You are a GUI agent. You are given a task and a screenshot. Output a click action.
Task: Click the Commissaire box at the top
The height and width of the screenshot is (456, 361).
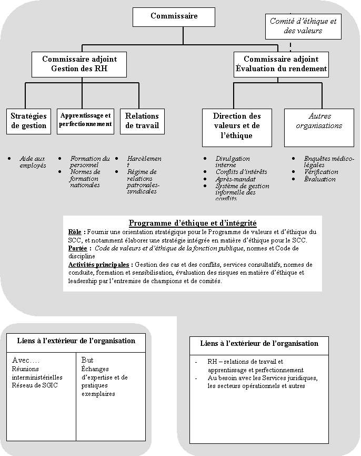click(x=174, y=16)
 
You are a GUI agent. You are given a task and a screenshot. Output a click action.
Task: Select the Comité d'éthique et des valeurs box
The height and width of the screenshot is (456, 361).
click(x=303, y=26)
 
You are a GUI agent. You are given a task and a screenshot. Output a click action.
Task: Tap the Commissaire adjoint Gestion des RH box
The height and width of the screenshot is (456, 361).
click(x=79, y=64)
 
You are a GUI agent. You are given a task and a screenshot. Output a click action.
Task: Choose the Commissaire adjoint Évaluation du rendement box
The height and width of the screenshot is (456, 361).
click(x=281, y=64)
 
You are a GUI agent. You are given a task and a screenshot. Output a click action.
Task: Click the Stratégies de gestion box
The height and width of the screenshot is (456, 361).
click(x=28, y=121)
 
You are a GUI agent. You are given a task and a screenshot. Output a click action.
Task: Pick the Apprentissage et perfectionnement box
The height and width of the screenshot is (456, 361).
click(x=85, y=120)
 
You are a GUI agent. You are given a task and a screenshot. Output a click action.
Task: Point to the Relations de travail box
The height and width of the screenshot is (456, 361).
click(x=142, y=121)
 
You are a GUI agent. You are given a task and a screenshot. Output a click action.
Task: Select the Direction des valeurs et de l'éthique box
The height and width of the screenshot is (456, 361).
click(x=237, y=127)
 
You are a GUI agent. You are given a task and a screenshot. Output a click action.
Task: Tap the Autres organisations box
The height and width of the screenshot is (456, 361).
click(x=318, y=121)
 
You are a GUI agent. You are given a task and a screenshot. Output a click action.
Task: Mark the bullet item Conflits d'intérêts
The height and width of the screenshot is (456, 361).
click(x=241, y=172)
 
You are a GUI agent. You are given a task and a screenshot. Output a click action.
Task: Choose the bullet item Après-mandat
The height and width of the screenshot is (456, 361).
click(x=236, y=179)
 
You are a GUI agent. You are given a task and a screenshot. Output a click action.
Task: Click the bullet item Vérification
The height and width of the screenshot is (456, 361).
click(x=321, y=172)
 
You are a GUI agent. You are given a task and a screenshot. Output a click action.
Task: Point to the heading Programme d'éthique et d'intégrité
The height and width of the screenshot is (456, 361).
click(x=193, y=224)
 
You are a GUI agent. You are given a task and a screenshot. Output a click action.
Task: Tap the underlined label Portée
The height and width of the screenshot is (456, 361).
click(x=79, y=248)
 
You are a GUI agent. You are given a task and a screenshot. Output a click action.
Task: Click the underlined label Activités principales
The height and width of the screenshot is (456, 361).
click(x=100, y=265)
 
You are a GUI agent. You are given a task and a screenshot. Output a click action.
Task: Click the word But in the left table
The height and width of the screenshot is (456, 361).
click(x=87, y=360)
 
